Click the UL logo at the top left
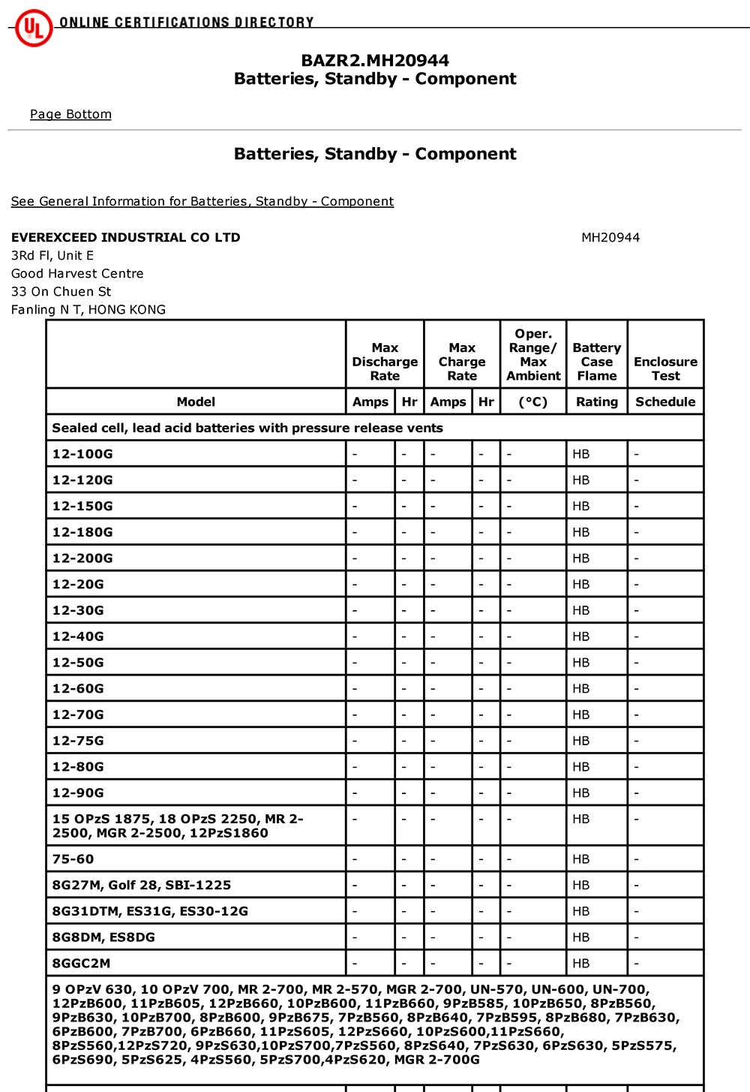tap(34, 28)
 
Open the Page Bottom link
tap(70, 114)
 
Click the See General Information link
tap(202, 201)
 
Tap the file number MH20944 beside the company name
tap(610, 237)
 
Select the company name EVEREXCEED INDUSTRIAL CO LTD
tap(125, 237)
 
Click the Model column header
tap(196, 402)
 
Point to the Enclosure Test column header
tap(665, 369)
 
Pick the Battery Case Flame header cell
tap(597, 362)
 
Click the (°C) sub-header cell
tap(533, 402)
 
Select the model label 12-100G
tap(82, 454)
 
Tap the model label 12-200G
tap(82, 558)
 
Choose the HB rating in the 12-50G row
tap(581, 663)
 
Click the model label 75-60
tap(73, 859)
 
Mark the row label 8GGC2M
tap(81, 963)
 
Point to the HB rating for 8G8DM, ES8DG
tap(581, 937)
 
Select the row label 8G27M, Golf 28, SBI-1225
tap(141, 885)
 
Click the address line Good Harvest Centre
tap(77, 273)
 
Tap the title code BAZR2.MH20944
tap(375, 60)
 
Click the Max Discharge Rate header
tap(385, 362)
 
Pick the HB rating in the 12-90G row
tap(581, 793)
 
